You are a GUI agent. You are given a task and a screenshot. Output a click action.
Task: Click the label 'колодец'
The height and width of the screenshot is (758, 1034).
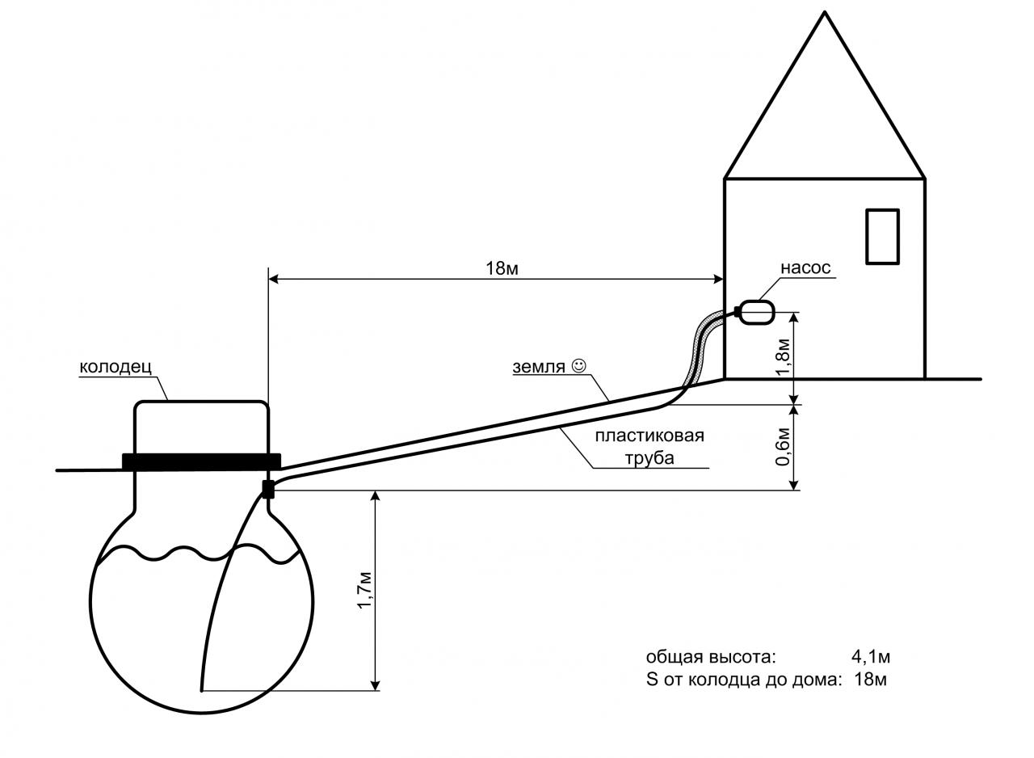click(116, 367)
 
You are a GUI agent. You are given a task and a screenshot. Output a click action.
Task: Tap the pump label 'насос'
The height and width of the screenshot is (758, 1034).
click(805, 267)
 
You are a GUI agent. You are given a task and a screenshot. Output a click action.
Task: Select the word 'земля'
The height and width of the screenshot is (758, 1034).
click(539, 368)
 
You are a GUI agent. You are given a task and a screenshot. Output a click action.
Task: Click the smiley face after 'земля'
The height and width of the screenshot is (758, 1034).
click(579, 365)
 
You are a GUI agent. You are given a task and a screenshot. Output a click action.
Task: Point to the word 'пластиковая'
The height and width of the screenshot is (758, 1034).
click(649, 436)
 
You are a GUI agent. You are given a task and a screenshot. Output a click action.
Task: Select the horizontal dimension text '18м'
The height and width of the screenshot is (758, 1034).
click(502, 268)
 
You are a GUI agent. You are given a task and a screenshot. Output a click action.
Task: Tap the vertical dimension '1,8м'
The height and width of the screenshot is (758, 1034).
click(784, 357)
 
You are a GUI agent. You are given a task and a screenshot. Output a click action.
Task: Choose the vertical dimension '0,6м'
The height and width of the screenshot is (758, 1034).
click(784, 447)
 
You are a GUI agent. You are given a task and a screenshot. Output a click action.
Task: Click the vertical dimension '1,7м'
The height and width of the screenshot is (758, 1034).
click(365, 592)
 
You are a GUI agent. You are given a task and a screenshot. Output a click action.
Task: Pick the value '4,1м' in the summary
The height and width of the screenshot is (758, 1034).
click(871, 656)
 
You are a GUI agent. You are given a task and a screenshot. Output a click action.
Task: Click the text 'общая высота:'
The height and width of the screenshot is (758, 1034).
click(711, 657)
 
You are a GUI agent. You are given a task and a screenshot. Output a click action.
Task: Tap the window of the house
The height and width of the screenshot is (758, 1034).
click(882, 237)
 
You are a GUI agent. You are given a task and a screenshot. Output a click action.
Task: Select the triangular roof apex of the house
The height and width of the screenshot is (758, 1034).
click(825, 13)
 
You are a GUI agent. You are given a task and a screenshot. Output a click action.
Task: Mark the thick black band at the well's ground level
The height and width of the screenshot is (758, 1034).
click(201, 462)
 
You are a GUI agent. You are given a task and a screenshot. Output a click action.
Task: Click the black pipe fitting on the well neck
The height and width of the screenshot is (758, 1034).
click(268, 490)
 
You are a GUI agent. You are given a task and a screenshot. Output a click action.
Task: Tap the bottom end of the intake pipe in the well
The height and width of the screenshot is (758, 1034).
click(202, 691)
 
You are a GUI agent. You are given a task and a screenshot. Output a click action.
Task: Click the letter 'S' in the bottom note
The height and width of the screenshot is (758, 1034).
click(652, 680)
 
